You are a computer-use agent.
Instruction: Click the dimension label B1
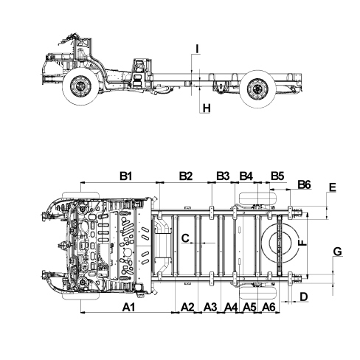point(126,176)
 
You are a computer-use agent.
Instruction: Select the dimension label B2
point(186,176)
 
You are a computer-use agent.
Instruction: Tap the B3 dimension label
point(223,176)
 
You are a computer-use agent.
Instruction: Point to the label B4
point(246,176)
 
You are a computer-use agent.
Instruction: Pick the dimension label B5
point(277,176)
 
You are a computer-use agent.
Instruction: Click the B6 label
point(305,184)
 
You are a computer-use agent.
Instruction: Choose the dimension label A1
point(129,307)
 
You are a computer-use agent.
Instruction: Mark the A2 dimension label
point(187,307)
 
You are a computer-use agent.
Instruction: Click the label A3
point(211,307)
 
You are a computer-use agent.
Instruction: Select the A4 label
point(232,307)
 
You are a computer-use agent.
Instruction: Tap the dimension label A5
point(249,307)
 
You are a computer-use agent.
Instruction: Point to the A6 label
point(269,307)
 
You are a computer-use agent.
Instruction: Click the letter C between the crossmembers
point(185,238)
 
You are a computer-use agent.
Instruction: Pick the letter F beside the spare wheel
point(302,243)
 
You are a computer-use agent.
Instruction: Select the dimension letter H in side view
point(207,108)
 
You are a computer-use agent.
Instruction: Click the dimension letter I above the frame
point(197,49)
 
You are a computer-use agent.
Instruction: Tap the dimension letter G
point(338,252)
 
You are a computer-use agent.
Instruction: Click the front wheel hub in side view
point(80,86)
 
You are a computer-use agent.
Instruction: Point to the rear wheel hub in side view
point(257,89)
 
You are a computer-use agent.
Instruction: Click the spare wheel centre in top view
point(280,243)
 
